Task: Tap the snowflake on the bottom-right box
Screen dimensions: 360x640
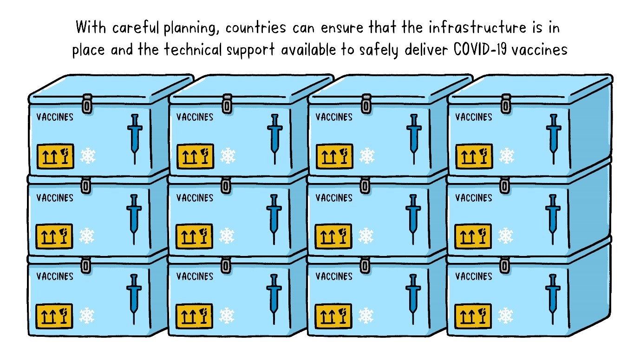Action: (505, 315)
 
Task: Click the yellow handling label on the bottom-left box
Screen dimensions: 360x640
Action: (55, 315)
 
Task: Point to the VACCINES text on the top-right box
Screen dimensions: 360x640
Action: (473, 117)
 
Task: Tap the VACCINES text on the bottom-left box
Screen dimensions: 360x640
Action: (55, 276)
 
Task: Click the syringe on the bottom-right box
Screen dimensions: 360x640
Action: (553, 298)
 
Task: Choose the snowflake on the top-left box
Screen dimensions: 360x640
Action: (87, 156)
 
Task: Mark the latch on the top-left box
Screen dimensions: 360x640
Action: (87, 104)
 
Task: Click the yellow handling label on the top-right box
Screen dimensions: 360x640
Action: (474, 156)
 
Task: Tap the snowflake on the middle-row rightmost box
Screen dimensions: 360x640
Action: (505, 236)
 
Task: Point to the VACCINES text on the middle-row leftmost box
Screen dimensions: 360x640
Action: (55, 198)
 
